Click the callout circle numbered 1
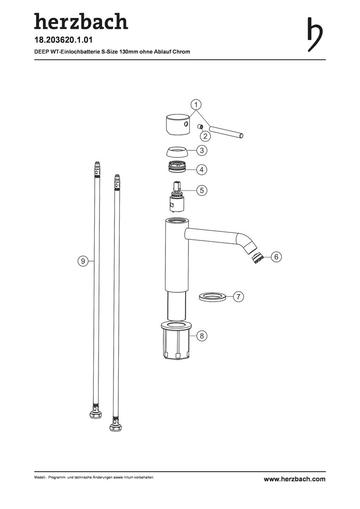[x=196, y=105]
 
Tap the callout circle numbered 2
[x=205, y=135]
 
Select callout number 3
[x=202, y=150]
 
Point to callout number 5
[x=202, y=190]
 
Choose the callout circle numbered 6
[x=276, y=257]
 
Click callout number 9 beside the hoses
[x=83, y=261]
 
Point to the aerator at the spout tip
[x=258, y=258]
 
